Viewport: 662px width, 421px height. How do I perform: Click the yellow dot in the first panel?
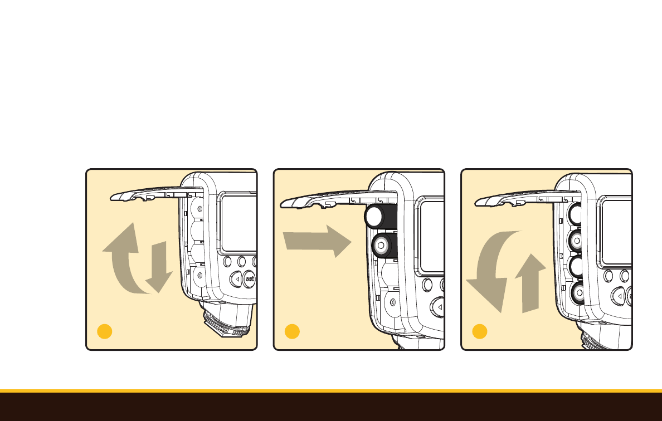point(105,331)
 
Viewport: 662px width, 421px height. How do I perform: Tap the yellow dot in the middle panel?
point(292,331)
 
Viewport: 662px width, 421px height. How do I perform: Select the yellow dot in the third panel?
point(480,331)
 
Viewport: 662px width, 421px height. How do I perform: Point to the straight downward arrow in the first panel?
point(159,267)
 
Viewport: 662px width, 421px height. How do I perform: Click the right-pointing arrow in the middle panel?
point(317,241)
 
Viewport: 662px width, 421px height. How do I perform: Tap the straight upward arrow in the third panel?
point(530,283)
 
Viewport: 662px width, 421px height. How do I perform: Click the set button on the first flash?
point(250,279)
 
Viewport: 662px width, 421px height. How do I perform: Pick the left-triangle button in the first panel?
point(236,279)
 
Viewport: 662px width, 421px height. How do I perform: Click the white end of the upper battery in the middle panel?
point(374,217)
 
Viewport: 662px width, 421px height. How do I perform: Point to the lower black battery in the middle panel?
point(384,245)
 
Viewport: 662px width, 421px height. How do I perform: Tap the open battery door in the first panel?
point(156,194)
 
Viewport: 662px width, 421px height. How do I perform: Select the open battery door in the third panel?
point(528,198)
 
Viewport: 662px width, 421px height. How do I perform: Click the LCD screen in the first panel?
point(239,223)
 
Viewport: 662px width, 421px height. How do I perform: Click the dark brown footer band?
point(331,407)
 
